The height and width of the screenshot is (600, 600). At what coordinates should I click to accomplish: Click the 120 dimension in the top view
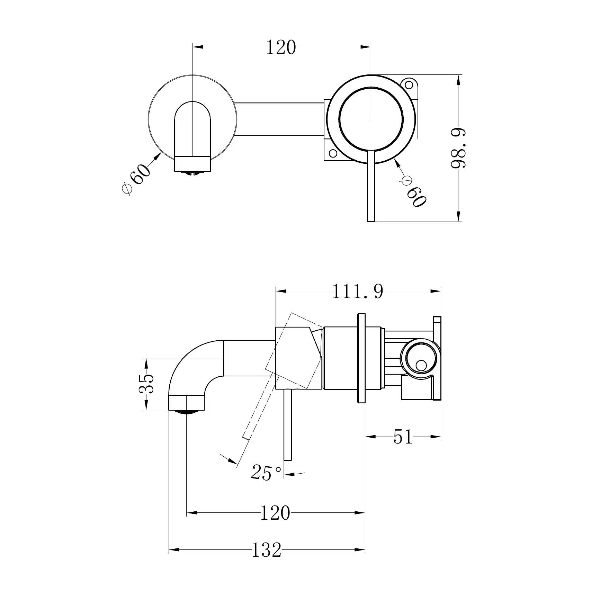[281, 48]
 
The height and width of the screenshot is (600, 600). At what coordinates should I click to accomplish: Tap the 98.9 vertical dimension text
[458, 148]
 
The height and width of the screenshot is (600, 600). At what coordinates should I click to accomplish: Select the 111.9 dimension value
[358, 292]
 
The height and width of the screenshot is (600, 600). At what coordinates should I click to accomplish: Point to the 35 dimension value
[146, 383]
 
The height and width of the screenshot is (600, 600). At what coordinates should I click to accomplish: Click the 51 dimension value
[403, 437]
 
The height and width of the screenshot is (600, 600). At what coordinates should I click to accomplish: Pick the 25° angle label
[266, 473]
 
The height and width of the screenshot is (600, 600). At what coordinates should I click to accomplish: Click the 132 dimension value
[266, 550]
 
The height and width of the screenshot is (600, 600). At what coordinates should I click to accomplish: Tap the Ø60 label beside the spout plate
[137, 179]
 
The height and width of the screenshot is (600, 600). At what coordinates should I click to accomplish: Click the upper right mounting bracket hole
[409, 84]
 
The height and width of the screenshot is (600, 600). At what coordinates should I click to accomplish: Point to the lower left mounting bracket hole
[332, 153]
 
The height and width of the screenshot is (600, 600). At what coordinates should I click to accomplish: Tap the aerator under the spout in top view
[192, 173]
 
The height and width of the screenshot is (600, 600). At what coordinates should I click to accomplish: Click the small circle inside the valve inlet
[421, 365]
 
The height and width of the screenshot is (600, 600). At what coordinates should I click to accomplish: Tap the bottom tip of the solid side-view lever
[288, 459]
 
